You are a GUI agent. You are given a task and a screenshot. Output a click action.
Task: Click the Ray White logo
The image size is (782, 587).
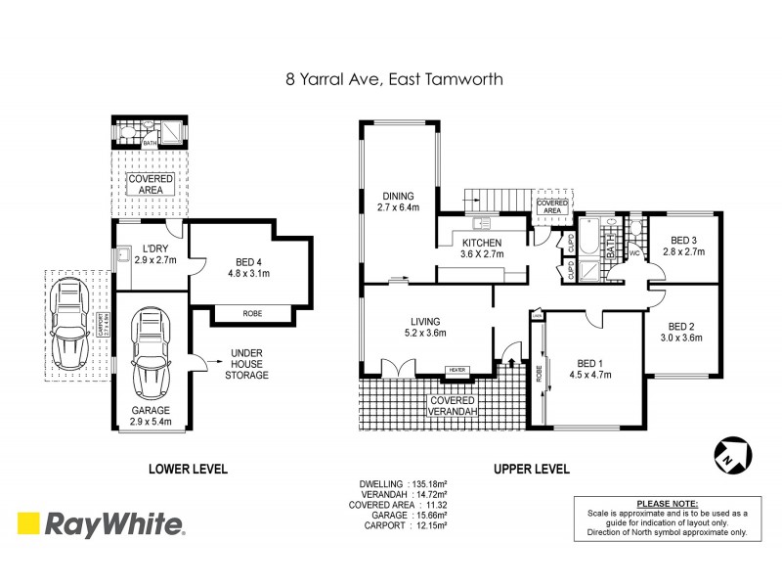coord(103,525)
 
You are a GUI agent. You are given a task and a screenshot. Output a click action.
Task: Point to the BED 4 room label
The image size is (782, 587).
coord(250,267)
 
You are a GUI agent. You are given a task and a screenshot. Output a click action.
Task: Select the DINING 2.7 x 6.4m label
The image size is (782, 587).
coord(398,201)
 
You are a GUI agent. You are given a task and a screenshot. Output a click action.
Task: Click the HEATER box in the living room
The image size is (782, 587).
coord(456,369)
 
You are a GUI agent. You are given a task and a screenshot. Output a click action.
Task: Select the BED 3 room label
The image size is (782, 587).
coord(683,246)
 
